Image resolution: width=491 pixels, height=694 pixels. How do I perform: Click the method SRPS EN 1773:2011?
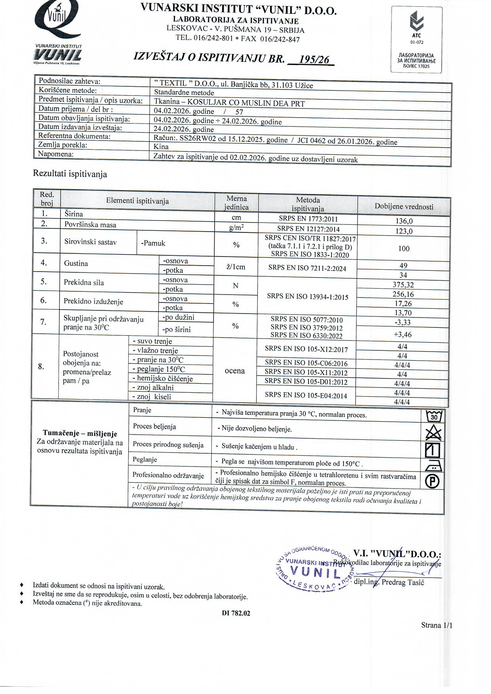click(308, 219)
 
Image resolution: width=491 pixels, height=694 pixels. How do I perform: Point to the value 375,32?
click(403, 285)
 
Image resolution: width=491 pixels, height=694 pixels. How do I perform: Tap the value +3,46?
click(403, 335)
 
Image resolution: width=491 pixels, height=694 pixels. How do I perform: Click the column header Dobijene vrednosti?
click(404, 206)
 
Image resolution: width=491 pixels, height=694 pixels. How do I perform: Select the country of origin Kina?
click(161, 146)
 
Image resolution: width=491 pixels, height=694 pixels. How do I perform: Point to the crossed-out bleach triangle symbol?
click(433, 433)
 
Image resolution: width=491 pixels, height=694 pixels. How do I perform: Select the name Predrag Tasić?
click(403, 582)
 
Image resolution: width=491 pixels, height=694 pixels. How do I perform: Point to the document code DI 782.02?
click(236, 613)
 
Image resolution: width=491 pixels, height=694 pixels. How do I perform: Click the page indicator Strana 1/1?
click(436, 625)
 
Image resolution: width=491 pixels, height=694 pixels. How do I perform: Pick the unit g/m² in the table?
click(236, 227)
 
